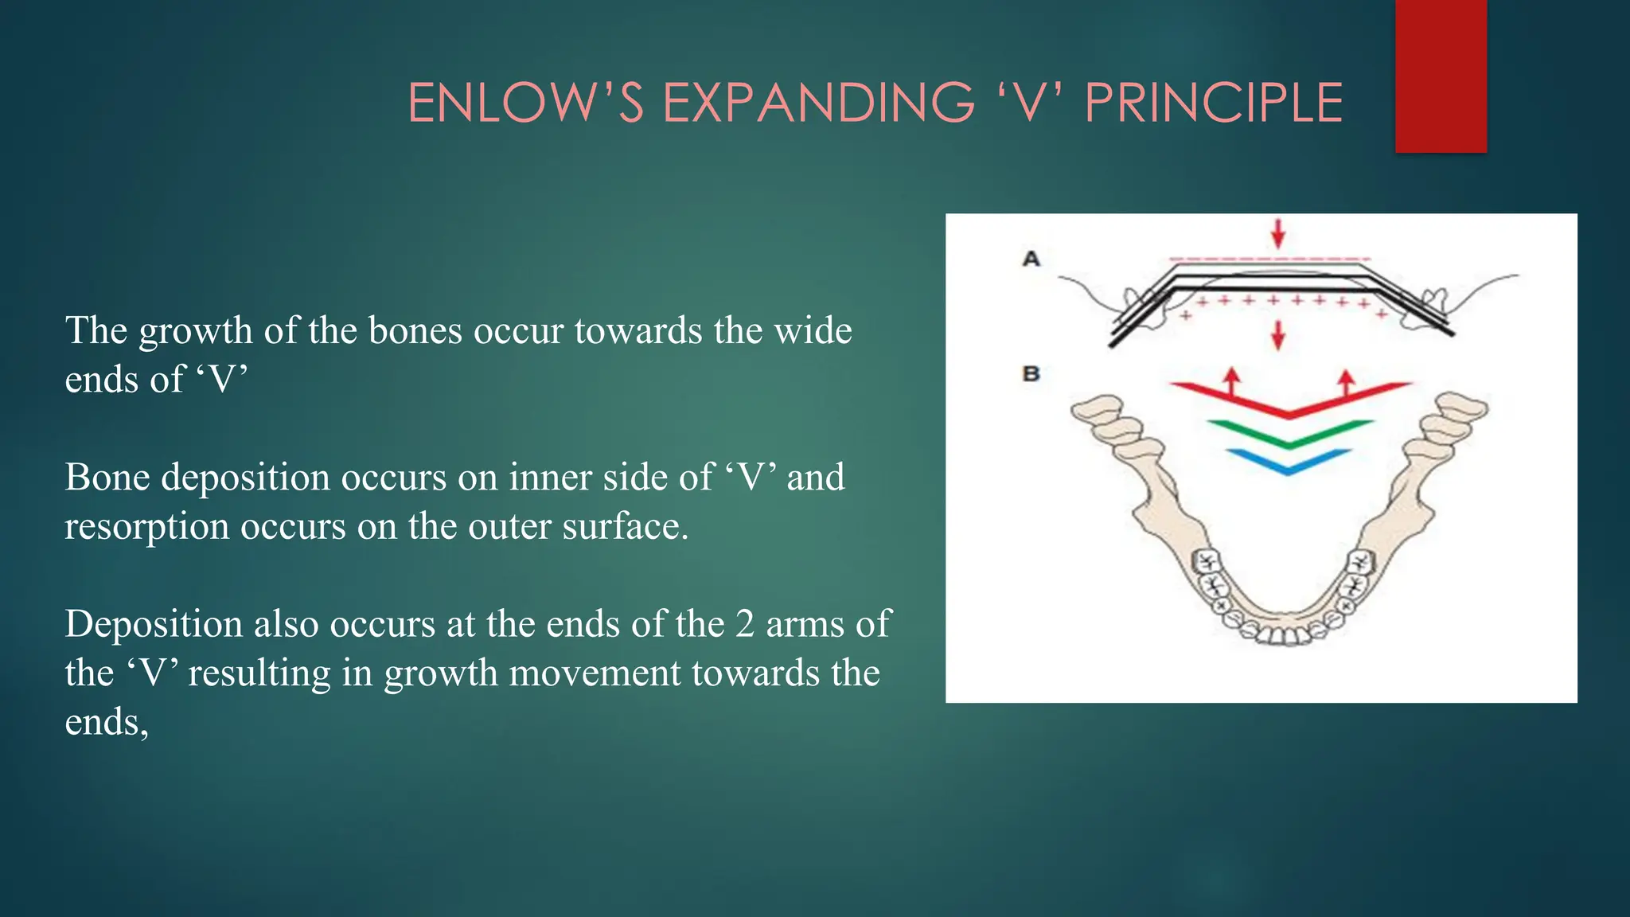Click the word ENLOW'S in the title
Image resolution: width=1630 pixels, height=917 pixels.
click(x=524, y=103)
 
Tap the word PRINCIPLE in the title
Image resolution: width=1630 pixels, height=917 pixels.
click(x=1213, y=103)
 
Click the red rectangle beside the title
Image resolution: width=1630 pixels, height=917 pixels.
click(x=1441, y=76)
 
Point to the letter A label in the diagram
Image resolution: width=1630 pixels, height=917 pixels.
click(x=1031, y=259)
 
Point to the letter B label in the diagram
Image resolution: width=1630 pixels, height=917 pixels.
click(x=1031, y=373)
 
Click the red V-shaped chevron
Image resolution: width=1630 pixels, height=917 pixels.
click(x=1289, y=402)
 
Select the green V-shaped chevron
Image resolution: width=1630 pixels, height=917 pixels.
click(x=1289, y=435)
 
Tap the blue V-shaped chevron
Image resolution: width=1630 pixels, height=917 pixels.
click(x=1289, y=462)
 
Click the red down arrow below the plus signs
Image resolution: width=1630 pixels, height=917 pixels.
click(x=1278, y=335)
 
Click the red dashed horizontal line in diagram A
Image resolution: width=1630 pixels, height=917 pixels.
click(x=1270, y=259)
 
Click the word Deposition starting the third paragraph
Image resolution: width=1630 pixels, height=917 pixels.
click(x=153, y=624)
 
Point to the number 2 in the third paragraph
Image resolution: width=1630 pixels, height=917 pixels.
click(x=744, y=624)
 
